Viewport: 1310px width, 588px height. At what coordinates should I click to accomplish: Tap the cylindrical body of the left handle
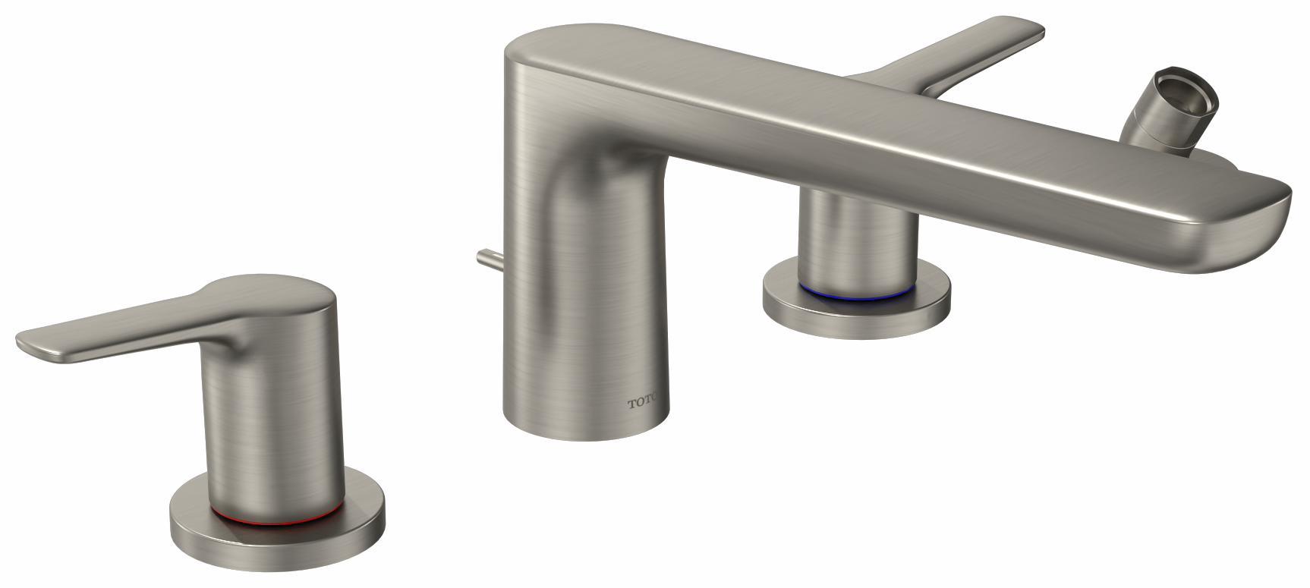[x=273, y=425]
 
